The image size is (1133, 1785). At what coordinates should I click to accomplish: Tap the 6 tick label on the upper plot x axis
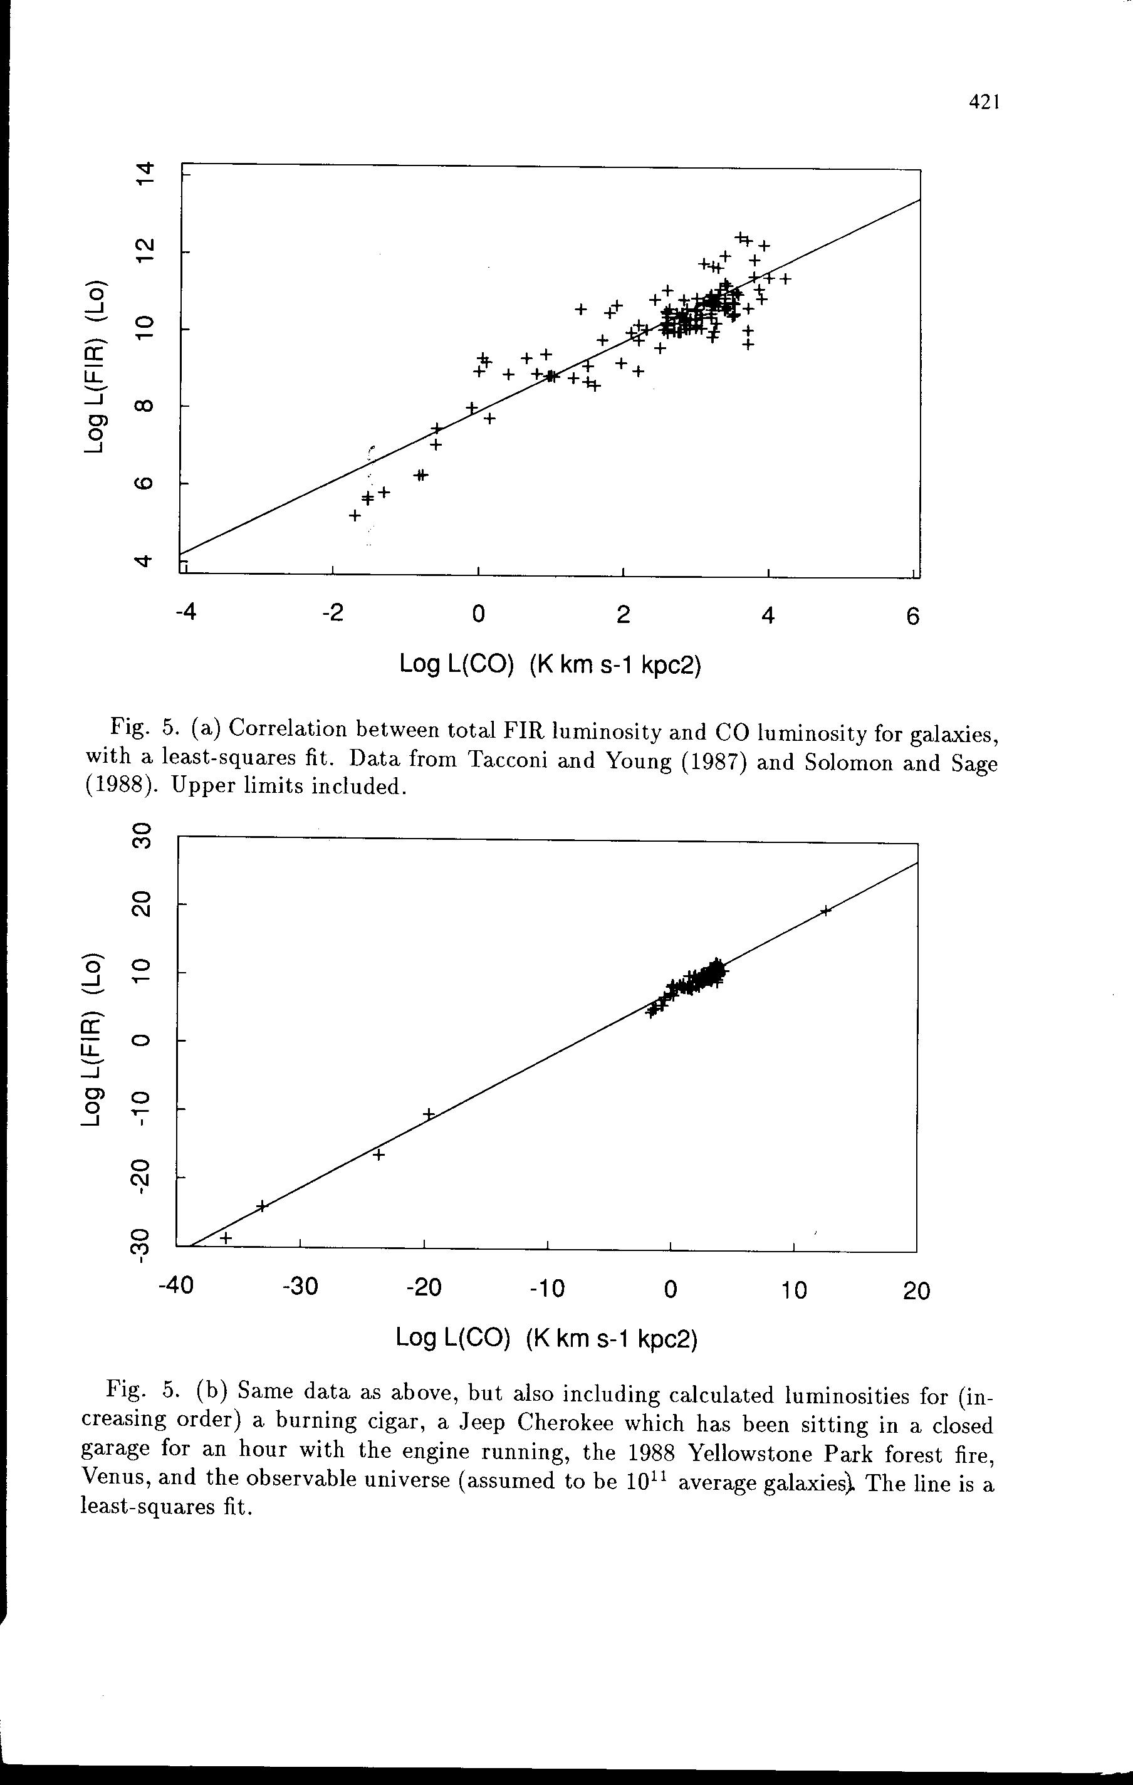913,617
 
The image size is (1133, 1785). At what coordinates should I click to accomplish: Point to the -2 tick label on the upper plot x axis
333,614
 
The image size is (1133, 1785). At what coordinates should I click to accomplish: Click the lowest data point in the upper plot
355,515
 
